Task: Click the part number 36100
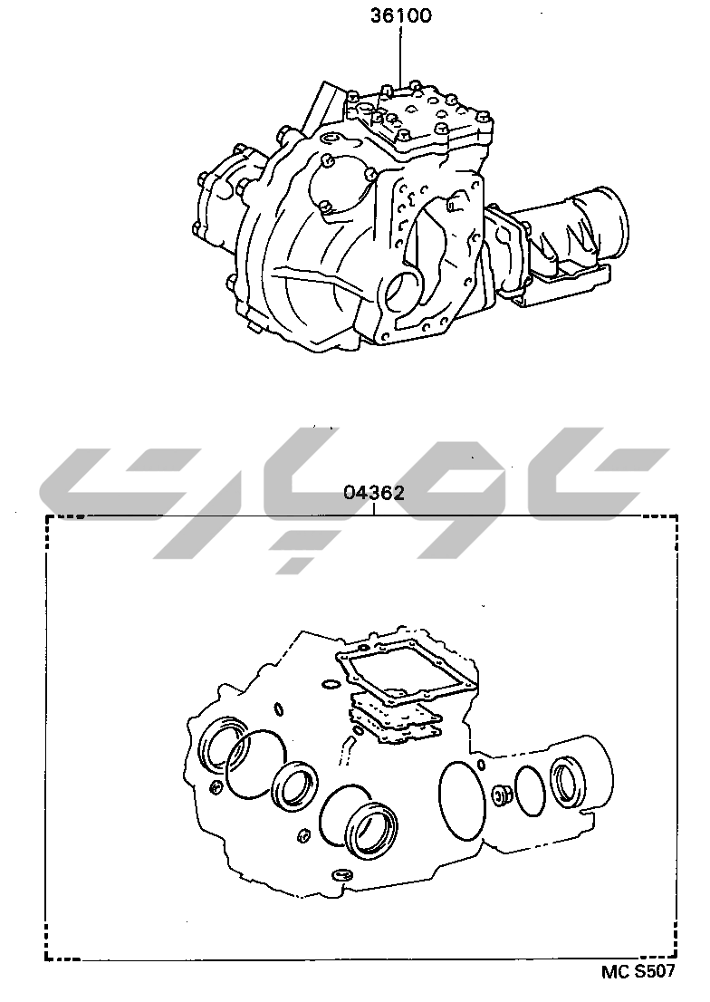coord(401,15)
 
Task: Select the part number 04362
coord(374,493)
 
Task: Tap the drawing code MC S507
coord(638,989)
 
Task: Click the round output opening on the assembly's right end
coord(609,218)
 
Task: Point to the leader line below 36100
coord(401,56)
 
